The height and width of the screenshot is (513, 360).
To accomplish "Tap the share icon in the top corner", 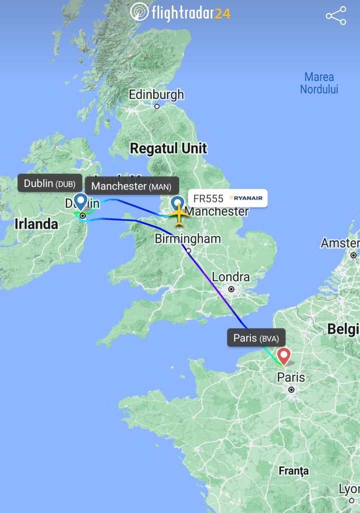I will (336, 16).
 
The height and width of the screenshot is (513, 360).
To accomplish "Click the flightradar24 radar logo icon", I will (140, 12).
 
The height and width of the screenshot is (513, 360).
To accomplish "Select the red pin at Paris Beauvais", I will (284, 356).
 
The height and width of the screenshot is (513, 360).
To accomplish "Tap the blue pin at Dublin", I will (81, 201).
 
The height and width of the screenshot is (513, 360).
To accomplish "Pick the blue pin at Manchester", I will (177, 204).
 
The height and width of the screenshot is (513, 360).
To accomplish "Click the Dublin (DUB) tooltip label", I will (50, 183).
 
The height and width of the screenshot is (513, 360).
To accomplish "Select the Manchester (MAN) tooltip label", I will (131, 186).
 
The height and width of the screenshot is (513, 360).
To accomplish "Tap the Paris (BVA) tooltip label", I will (256, 338).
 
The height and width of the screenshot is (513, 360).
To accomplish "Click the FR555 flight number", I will (208, 198).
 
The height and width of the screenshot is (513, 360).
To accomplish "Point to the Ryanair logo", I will (246, 198).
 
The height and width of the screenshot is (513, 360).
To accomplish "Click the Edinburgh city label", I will (156, 95).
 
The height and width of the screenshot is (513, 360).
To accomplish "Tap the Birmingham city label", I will (188, 239).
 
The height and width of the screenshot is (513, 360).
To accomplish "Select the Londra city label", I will (231, 277).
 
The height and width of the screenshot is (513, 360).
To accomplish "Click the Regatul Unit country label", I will (168, 148).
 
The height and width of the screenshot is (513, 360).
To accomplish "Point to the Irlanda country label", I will (36, 224).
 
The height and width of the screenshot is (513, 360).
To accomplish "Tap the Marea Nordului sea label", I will (319, 83).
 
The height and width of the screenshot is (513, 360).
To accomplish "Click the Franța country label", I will (293, 471).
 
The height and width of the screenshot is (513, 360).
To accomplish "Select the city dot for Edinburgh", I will (157, 106).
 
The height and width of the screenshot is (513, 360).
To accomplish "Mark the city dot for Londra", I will (231, 289).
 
